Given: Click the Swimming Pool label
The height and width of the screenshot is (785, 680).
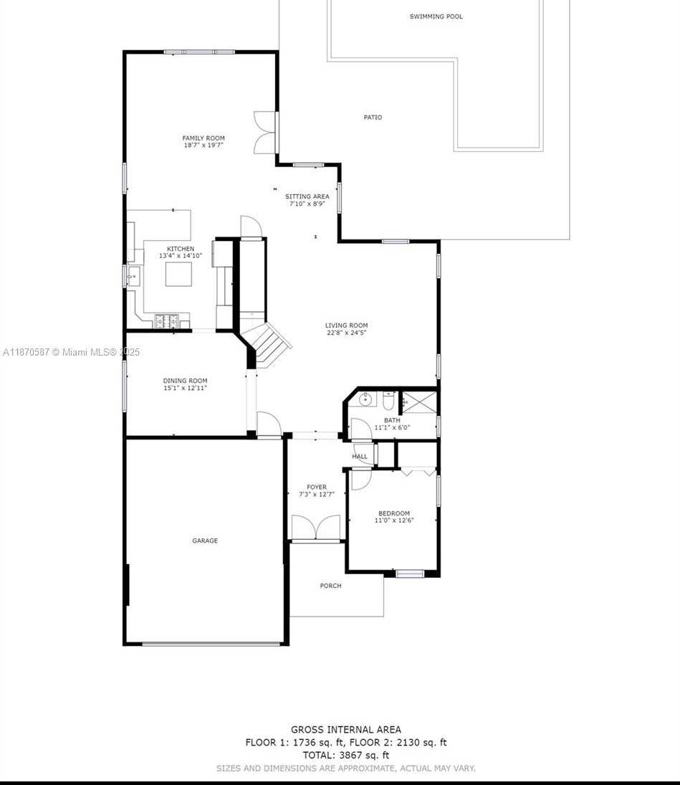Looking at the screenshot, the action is [x=436, y=16].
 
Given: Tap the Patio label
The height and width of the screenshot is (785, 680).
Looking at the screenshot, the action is [x=373, y=117].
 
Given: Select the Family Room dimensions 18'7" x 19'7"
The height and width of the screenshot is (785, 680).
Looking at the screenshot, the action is [x=203, y=146].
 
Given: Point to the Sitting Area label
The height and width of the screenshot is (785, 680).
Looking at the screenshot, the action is [x=307, y=196].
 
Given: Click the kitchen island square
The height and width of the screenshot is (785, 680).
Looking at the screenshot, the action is [x=178, y=274].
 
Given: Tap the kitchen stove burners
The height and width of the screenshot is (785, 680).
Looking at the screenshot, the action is [x=166, y=321].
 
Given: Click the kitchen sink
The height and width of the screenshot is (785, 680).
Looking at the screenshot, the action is [x=133, y=276].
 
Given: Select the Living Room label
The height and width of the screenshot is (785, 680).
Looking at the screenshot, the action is [x=346, y=325].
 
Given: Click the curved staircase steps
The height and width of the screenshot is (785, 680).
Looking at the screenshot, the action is [x=266, y=342].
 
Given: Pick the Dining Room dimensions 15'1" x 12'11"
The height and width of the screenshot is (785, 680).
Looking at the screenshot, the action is [x=185, y=388].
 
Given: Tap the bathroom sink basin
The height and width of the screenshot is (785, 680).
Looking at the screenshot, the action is [x=365, y=399].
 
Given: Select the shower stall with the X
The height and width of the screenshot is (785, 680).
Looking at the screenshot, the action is [x=420, y=402].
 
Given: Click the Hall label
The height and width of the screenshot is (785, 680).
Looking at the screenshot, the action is [x=359, y=457].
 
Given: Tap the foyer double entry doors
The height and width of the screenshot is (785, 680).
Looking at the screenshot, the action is [x=316, y=528].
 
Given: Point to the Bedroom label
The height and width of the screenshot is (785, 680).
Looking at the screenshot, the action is [x=394, y=513].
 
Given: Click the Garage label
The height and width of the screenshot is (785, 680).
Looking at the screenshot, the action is [x=205, y=541].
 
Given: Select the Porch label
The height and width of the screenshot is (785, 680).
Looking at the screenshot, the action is [x=331, y=586].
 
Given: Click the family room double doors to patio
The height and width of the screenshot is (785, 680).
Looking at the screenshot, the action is [x=265, y=133].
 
